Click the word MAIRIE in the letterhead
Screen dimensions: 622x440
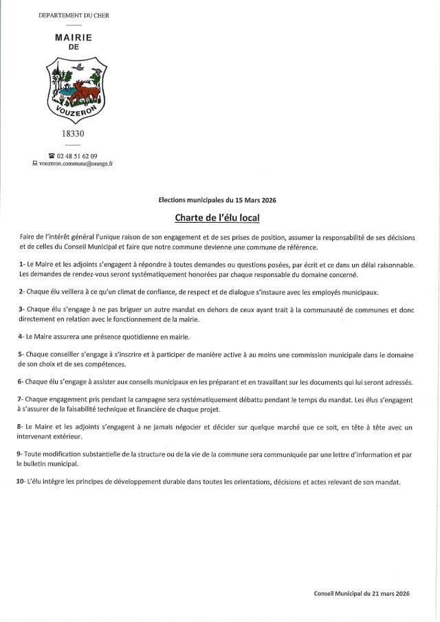[x=74, y=38]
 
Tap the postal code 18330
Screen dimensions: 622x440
[x=74, y=133]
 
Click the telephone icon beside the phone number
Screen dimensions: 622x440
[x=51, y=156]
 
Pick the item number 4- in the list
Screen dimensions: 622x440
[x=23, y=337]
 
